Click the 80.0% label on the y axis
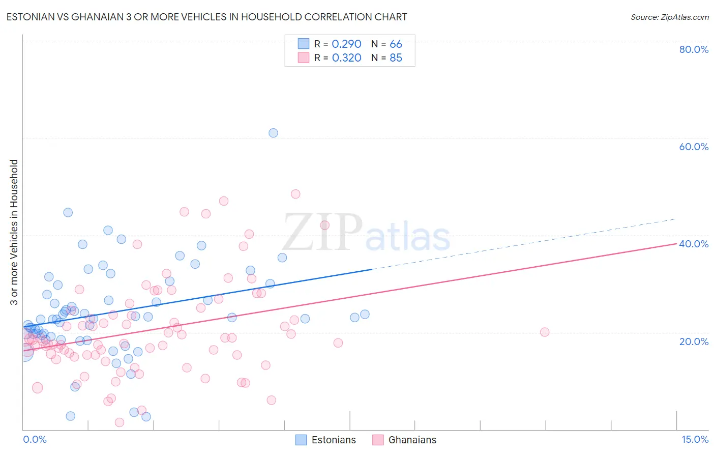[x=694, y=49]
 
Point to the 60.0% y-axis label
[x=694, y=147]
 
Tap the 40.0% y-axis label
[x=694, y=244]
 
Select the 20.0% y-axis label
[x=694, y=342]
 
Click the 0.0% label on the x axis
[x=35, y=439]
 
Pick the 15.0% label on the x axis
[x=695, y=439]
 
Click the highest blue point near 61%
[x=273, y=133]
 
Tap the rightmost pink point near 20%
[x=545, y=332]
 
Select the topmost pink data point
[x=295, y=194]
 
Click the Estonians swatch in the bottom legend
[x=301, y=440]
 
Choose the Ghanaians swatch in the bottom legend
[x=378, y=440]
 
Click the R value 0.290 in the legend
[x=346, y=44]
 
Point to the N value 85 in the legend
[x=396, y=58]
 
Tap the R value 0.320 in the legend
[x=346, y=58]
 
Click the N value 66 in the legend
[x=396, y=44]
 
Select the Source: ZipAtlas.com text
[x=669, y=17]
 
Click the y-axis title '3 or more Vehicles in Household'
[x=14, y=232]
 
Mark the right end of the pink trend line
[x=676, y=244]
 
